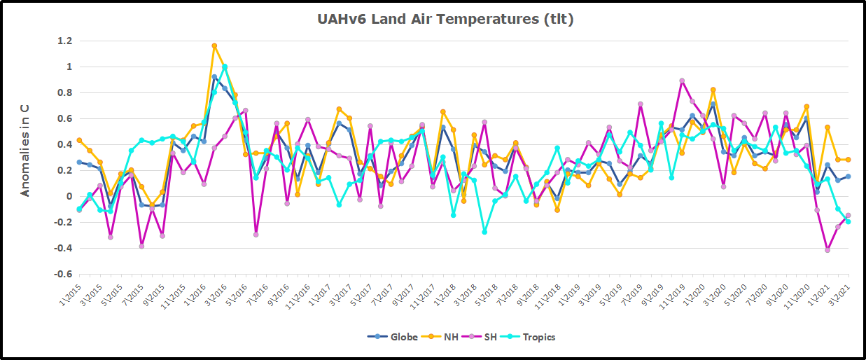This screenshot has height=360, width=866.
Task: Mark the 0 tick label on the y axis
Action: click(x=68, y=197)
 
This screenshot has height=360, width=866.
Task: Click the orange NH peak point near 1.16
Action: click(x=214, y=46)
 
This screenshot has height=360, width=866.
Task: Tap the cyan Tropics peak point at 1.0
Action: click(x=225, y=67)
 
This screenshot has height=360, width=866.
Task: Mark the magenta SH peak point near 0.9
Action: click(x=682, y=81)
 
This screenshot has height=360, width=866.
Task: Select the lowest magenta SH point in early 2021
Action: click(x=827, y=250)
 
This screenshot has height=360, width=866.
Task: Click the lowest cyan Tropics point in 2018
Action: click(x=484, y=232)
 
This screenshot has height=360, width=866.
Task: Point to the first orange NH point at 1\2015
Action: click(x=79, y=140)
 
